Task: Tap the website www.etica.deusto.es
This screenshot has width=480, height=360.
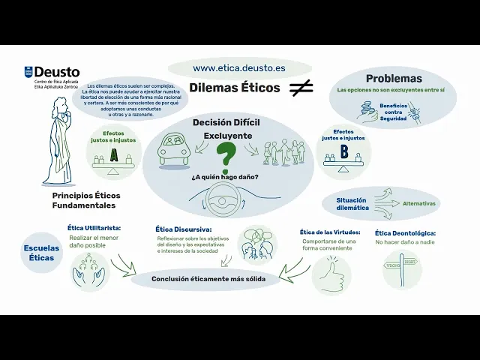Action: click(x=238, y=67)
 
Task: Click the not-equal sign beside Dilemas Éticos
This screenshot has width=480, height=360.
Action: click(x=301, y=88)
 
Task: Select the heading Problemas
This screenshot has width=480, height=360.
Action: click(x=393, y=79)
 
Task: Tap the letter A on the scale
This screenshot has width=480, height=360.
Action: click(x=114, y=156)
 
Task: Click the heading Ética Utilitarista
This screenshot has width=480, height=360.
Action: click(x=94, y=228)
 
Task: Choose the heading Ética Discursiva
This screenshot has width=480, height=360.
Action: click(x=184, y=229)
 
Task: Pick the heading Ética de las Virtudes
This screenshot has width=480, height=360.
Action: click(x=330, y=232)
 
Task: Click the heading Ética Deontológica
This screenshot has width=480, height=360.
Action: click(x=405, y=233)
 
